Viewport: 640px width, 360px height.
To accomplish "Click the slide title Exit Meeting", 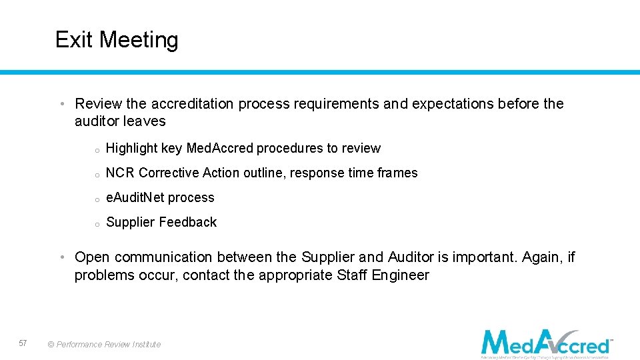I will point(117,40).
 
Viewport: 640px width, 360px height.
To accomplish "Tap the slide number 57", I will point(23,343).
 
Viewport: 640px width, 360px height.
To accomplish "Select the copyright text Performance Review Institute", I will point(104,345).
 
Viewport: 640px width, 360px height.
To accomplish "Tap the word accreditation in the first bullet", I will point(192,104).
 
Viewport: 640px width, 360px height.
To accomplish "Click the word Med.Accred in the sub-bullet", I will point(220,148).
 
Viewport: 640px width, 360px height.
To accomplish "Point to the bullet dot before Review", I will point(61,104).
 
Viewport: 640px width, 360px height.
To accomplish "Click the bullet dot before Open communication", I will point(61,257).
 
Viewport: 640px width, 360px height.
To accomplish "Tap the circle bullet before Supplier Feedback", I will point(97,224).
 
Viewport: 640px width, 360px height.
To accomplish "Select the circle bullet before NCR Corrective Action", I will point(97,175).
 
